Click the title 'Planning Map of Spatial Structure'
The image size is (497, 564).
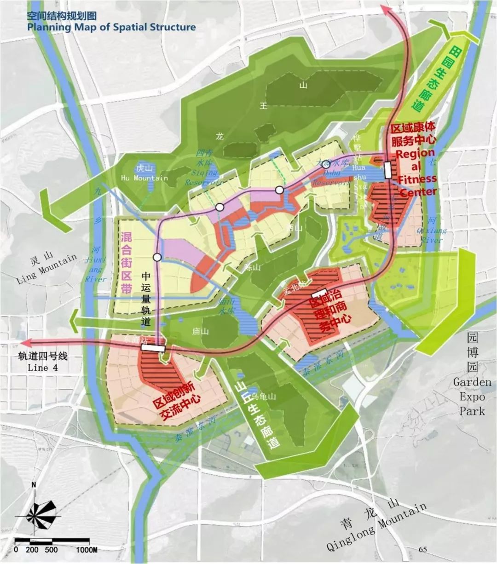111,27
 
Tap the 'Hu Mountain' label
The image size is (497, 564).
144,178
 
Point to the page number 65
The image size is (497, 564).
423,549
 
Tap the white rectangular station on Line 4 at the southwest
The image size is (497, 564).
152,348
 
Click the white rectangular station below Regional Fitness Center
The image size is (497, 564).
387,170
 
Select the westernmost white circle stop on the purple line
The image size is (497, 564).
157,257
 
